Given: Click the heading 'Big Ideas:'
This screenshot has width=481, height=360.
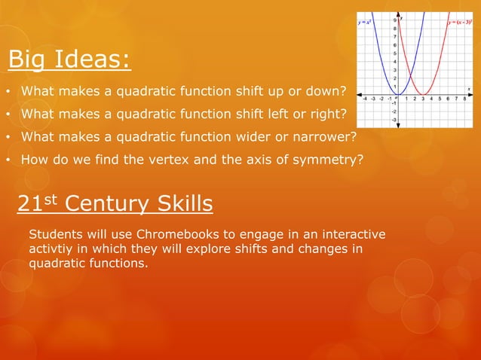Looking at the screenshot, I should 69,59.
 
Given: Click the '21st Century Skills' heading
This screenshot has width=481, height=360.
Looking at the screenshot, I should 115,203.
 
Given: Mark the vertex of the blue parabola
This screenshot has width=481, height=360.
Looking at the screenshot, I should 399,93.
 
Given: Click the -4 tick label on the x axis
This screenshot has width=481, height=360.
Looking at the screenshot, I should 366,98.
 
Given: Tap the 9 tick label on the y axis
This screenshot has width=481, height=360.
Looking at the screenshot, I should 394,20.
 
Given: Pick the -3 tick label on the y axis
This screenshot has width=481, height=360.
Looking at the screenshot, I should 394,118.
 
